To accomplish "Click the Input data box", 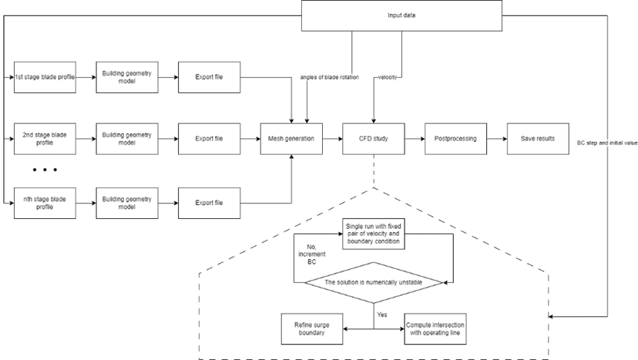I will click(401, 16).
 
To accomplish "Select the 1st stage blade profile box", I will click(45, 77).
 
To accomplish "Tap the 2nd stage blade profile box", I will click(45, 139).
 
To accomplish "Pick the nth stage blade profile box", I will click(45, 203).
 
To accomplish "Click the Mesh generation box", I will click(290, 139).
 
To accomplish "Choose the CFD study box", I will click(373, 139).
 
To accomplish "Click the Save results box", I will click(537, 139).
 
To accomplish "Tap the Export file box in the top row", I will click(209, 77).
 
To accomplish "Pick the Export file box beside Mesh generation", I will click(209, 139).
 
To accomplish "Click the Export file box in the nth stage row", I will click(209, 203).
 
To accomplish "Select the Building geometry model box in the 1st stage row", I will click(126, 77).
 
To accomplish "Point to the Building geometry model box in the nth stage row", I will click(126, 203).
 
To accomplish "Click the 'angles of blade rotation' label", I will click(330, 78).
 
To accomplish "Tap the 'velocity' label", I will click(388, 78).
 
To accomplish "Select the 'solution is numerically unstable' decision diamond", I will click(373, 283).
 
